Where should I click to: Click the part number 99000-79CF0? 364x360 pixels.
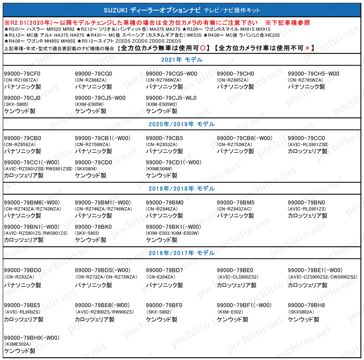22,74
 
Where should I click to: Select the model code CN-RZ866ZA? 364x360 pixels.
91,80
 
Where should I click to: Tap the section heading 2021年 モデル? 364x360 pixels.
182,60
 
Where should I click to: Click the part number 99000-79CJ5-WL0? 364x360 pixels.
171,98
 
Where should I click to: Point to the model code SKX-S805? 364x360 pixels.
16,105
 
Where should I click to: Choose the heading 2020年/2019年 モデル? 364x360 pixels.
182,124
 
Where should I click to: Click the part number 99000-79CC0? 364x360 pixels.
306,138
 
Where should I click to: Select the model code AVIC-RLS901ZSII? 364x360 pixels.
308,145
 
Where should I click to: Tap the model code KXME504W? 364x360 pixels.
159,169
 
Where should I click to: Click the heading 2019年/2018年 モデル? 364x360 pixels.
182,189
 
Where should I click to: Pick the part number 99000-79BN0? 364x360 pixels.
306,202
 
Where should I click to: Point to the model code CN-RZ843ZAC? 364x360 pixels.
234,209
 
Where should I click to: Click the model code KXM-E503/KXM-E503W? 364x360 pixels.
172,233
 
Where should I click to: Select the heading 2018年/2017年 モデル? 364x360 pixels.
182,253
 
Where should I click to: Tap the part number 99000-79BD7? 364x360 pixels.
164,270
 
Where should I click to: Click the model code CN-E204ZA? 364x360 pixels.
161,277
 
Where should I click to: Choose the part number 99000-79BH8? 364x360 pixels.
306,305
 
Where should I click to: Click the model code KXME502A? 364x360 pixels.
18,344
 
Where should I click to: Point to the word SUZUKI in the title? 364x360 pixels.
116,10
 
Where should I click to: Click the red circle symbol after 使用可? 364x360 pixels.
203,48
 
